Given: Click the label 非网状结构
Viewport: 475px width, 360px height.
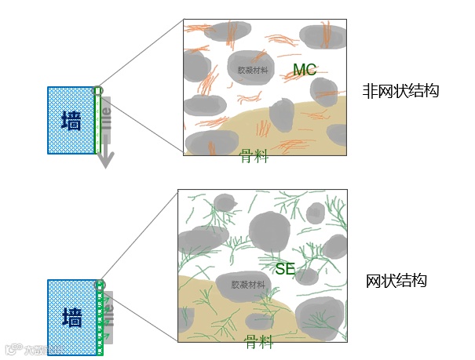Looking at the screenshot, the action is click(x=400, y=92).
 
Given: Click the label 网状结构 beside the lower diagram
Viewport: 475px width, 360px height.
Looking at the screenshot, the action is click(x=396, y=281).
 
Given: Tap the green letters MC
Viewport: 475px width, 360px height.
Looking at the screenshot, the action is click(x=304, y=71).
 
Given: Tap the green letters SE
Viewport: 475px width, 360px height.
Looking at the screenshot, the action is click(x=285, y=269).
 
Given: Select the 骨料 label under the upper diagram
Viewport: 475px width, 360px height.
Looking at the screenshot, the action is click(x=254, y=157).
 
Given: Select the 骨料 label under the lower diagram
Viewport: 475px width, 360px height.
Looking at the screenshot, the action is click(x=258, y=342).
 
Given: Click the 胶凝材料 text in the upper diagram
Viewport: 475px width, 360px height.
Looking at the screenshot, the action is click(x=253, y=70).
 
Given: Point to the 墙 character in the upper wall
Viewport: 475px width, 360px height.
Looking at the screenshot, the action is click(x=71, y=120).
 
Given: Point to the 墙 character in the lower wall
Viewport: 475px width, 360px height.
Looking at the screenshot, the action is click(x=71, y=317).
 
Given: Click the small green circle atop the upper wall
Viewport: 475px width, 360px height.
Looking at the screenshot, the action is click(x=98, y=91).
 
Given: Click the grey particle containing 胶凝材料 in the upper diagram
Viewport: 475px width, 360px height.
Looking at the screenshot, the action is click(x=252, y=63).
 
